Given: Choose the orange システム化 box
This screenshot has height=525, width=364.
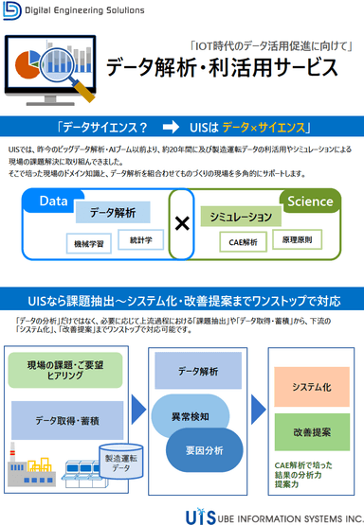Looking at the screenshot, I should click(x=312, y=388).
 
